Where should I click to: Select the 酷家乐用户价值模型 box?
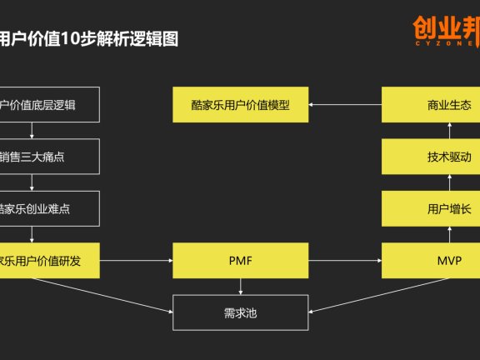pyautogui.click(x=239, y=105)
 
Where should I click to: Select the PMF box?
pyautogui.click(x=239, y=261)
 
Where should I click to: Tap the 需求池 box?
pyautogui.click(x=239, y=313)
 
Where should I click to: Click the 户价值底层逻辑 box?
pyautogui.click(x=49, y=105)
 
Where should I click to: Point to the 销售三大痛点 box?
pyautogui.click(x=49, y=156)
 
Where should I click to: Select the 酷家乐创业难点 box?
pyautogui.click(x=49, y=207)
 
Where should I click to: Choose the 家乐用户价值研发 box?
pyautogui.click(x=49, y=261)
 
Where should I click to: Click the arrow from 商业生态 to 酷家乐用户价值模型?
pyautogui.click(x=345, y=105)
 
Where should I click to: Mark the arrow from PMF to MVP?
pyautogui.click(x=345, y=261)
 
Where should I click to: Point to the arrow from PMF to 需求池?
pyautogui.click(x=240, y=287)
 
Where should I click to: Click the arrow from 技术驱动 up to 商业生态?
pyautogui.click(x=448, y=131)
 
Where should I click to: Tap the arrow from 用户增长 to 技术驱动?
pyautogui.click(x=448, y=182)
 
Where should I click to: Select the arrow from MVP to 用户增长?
pyautogui.click(x=448, y=234)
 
